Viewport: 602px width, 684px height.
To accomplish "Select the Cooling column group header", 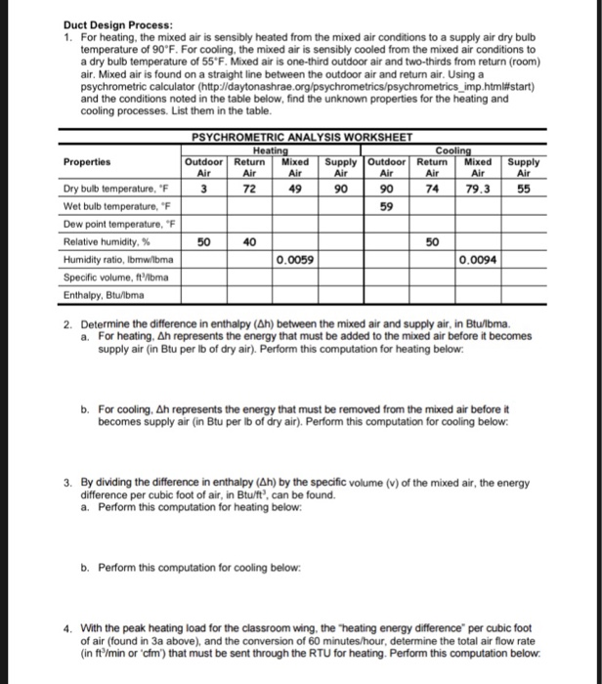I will click(x=453, y=150).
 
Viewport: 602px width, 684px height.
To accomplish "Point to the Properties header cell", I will click(x=87, y=162).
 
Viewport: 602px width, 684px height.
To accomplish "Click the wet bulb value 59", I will click(x=385, y=206).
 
